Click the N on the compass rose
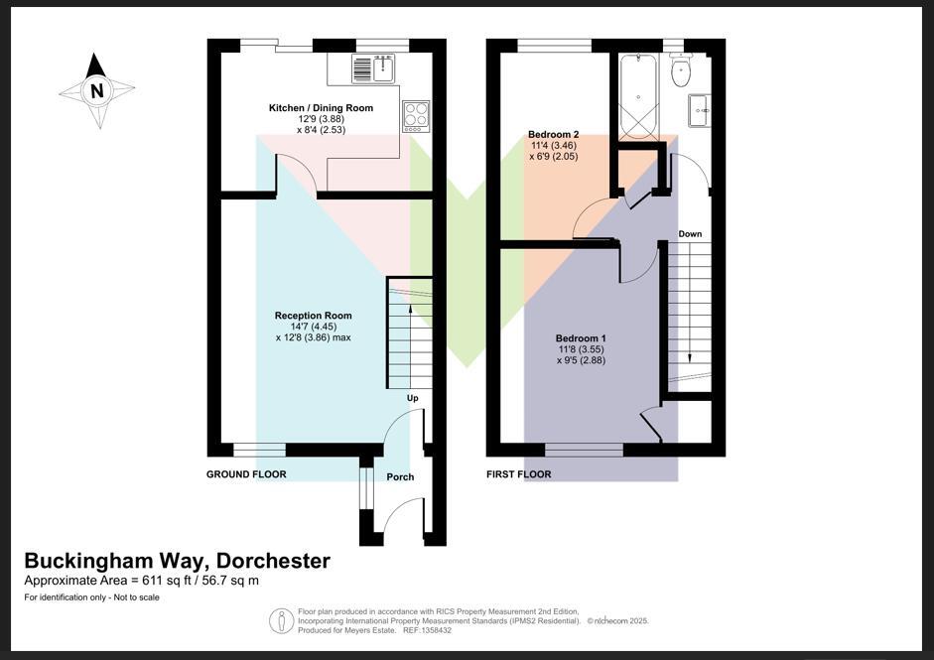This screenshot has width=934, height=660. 96,91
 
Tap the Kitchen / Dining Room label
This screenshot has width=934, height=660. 321,107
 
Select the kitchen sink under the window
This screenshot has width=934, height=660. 373,68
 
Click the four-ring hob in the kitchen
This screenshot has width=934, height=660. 416,116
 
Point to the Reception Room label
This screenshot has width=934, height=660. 313,316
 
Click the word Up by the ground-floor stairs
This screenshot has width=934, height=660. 413,398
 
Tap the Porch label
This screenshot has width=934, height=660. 400,477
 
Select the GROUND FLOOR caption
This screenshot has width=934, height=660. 246,474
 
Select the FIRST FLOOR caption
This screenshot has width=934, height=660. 518,474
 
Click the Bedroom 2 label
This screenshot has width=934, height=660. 553,134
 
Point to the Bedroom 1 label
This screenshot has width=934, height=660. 581,337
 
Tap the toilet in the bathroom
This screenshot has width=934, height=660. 680,71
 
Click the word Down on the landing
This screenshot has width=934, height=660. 690,234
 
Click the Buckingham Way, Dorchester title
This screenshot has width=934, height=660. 177,561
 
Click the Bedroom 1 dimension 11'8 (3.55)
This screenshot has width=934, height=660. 580,349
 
